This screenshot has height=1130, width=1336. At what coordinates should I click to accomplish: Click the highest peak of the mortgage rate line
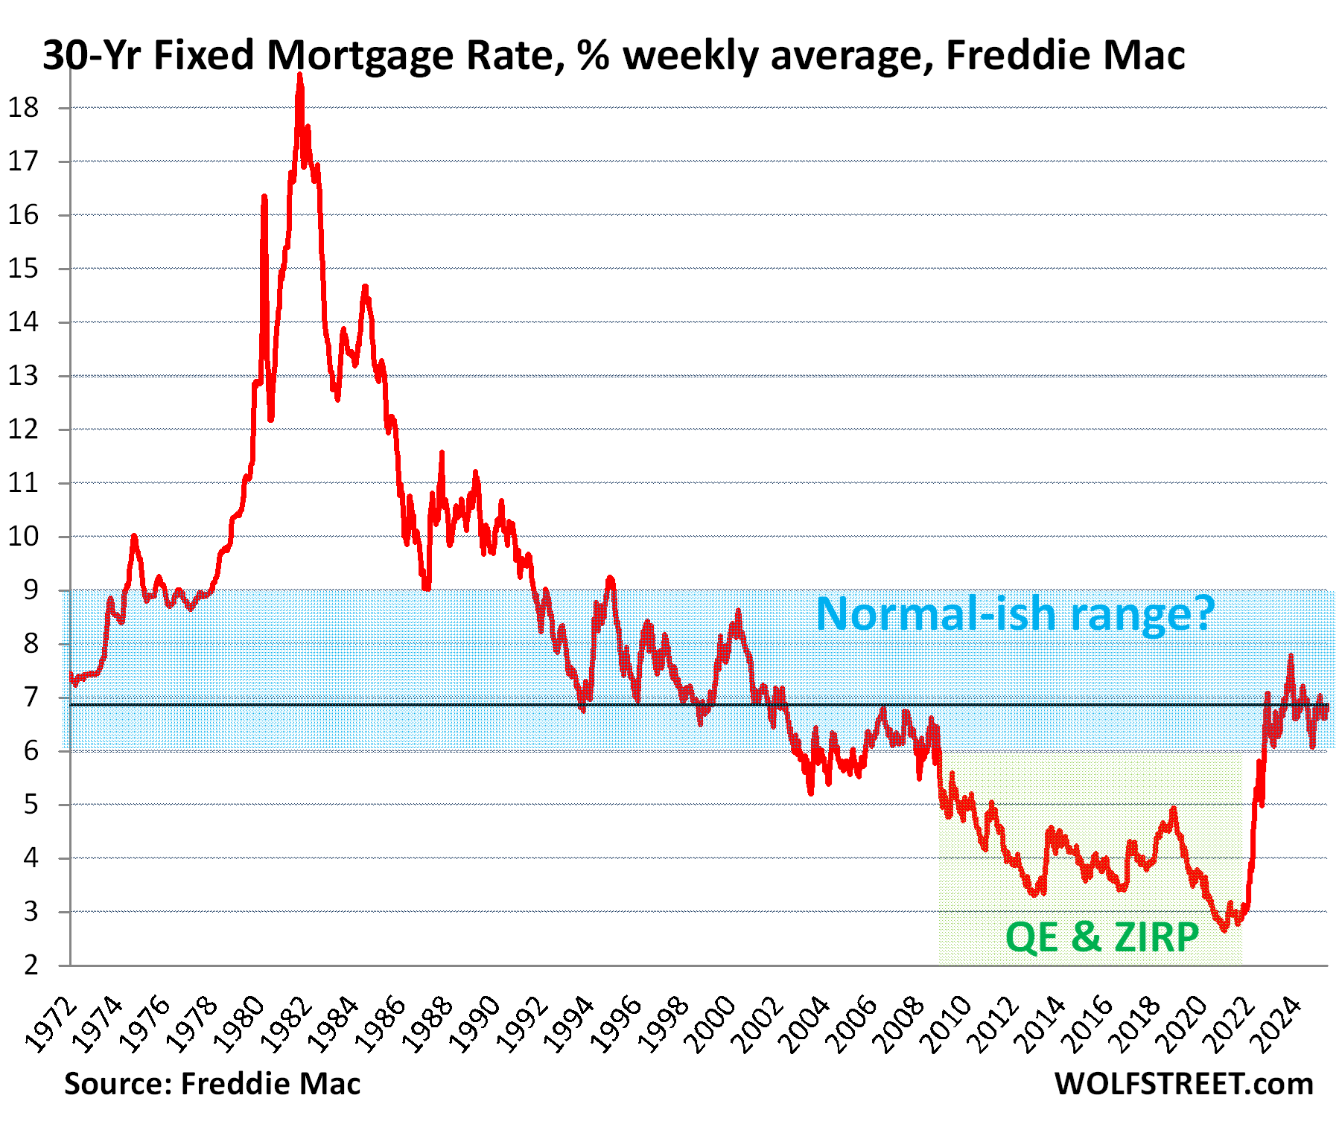(x=299, y=75)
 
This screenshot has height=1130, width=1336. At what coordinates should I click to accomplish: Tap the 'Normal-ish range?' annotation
(x=1015, y=614)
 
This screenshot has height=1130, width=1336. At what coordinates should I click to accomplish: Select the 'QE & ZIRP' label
(x=1102, y=936)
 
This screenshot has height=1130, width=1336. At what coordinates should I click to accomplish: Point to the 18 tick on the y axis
(x=23, y=108)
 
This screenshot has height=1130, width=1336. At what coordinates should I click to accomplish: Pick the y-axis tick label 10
(x=23, y=537)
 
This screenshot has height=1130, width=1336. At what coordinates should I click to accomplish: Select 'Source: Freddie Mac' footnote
(x=212, y=1084)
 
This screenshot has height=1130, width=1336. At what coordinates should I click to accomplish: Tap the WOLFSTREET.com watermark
(x=1183, y=1084)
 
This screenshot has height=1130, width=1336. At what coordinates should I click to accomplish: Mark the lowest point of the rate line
(x=1224, y=930)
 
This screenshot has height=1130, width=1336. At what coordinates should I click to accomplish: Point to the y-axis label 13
(x=23, y=376)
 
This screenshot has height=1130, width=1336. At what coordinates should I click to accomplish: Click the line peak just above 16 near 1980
(x=264, y=197)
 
